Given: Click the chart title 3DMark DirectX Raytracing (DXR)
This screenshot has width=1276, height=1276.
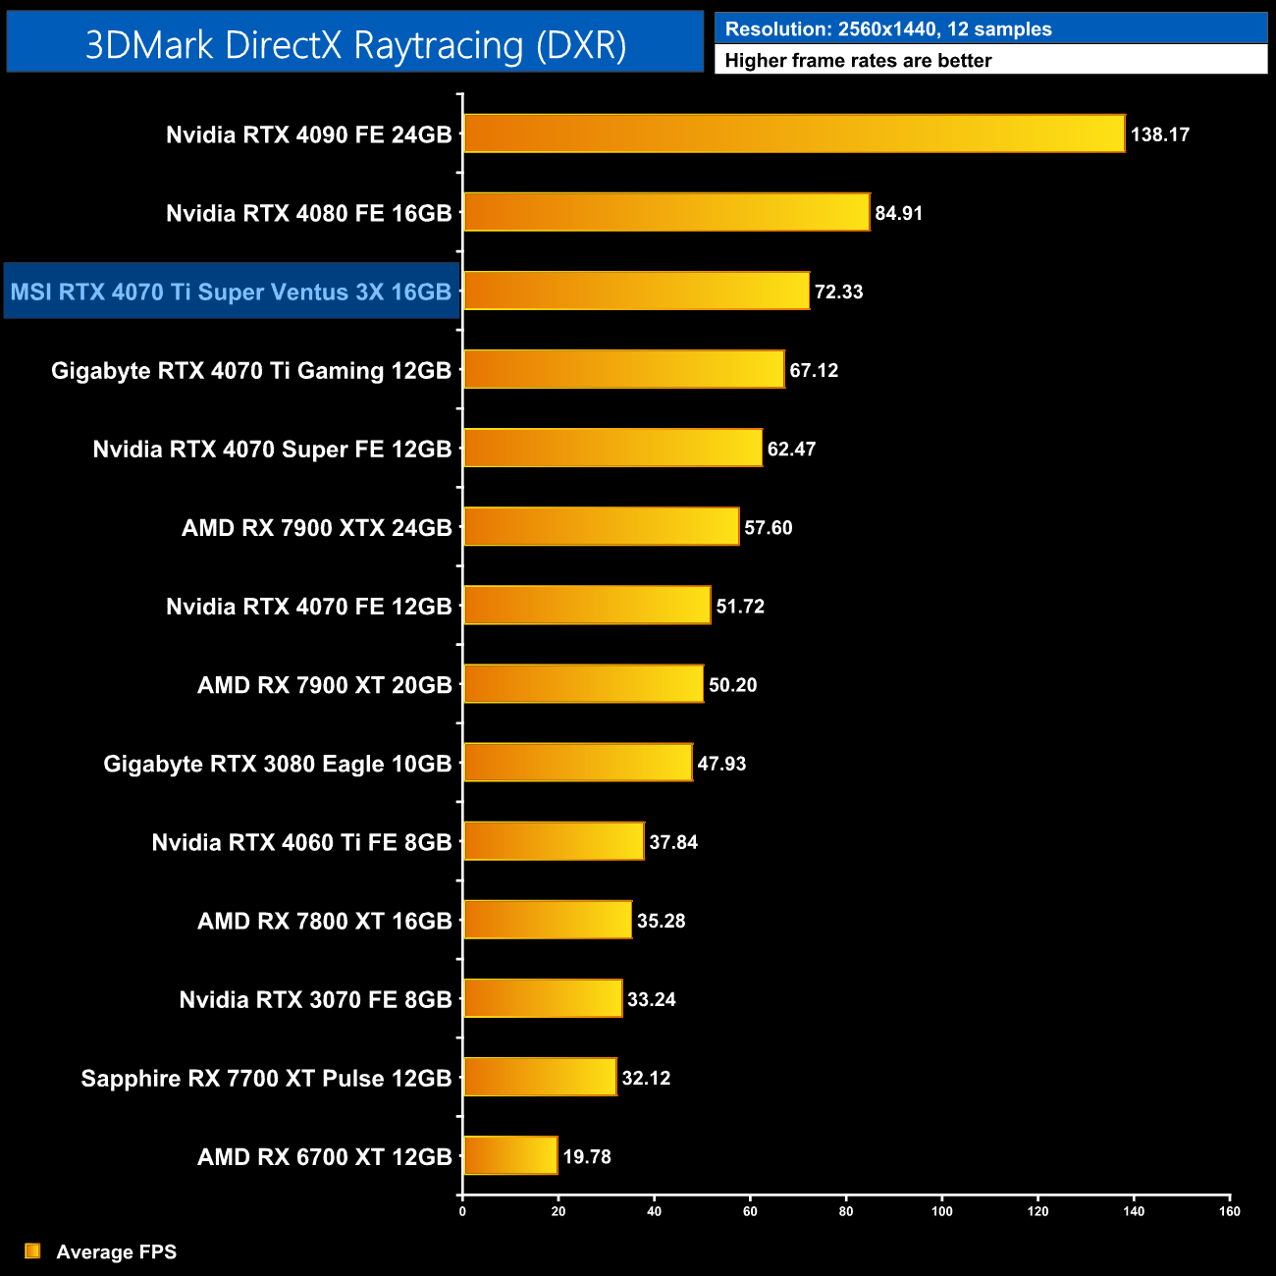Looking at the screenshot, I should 355,44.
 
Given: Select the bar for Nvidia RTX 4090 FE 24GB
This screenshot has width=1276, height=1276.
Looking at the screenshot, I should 793,133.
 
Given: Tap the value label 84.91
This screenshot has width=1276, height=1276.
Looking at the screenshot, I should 898,213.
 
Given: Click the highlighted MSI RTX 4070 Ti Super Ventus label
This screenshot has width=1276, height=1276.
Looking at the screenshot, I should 231,292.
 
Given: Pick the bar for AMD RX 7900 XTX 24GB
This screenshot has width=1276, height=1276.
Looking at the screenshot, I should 601,527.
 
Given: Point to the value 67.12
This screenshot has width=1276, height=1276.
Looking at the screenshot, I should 814,370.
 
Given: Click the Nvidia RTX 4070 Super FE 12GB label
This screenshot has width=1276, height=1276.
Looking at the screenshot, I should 272,449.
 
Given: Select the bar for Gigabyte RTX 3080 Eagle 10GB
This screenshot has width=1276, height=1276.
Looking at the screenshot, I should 577,763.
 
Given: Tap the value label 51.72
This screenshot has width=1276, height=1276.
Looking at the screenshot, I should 740,606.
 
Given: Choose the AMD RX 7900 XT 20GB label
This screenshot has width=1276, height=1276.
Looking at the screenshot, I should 324,684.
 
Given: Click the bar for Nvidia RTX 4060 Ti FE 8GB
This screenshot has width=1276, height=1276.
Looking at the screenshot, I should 554,841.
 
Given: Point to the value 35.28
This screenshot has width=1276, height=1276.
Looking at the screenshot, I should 661,921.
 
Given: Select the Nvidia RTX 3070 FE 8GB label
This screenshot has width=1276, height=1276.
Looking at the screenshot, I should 315,999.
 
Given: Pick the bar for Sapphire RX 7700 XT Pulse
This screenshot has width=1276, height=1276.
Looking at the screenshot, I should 540,1077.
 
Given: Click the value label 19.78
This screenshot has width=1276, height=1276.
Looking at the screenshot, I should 587,1156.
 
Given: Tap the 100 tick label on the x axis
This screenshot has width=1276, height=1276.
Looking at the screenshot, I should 941,1211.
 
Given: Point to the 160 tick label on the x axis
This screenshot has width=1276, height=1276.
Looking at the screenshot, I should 1229,1211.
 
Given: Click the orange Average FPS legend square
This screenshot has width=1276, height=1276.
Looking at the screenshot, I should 32,1250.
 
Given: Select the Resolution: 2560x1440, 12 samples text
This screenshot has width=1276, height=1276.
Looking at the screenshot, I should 888,29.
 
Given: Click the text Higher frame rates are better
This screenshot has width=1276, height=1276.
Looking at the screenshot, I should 858,61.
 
